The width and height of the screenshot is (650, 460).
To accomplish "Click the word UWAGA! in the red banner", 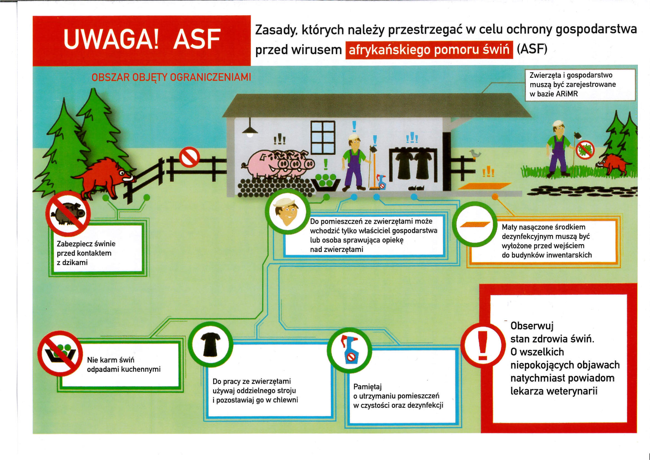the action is coord(111,39).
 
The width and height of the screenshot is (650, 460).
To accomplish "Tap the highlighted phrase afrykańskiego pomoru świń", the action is coord(429,50).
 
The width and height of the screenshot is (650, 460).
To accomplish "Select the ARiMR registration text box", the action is coord(582,85).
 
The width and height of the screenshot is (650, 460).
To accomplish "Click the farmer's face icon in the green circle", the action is coord(286,212).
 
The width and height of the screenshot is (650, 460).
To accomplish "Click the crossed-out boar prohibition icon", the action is coord(68,213).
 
